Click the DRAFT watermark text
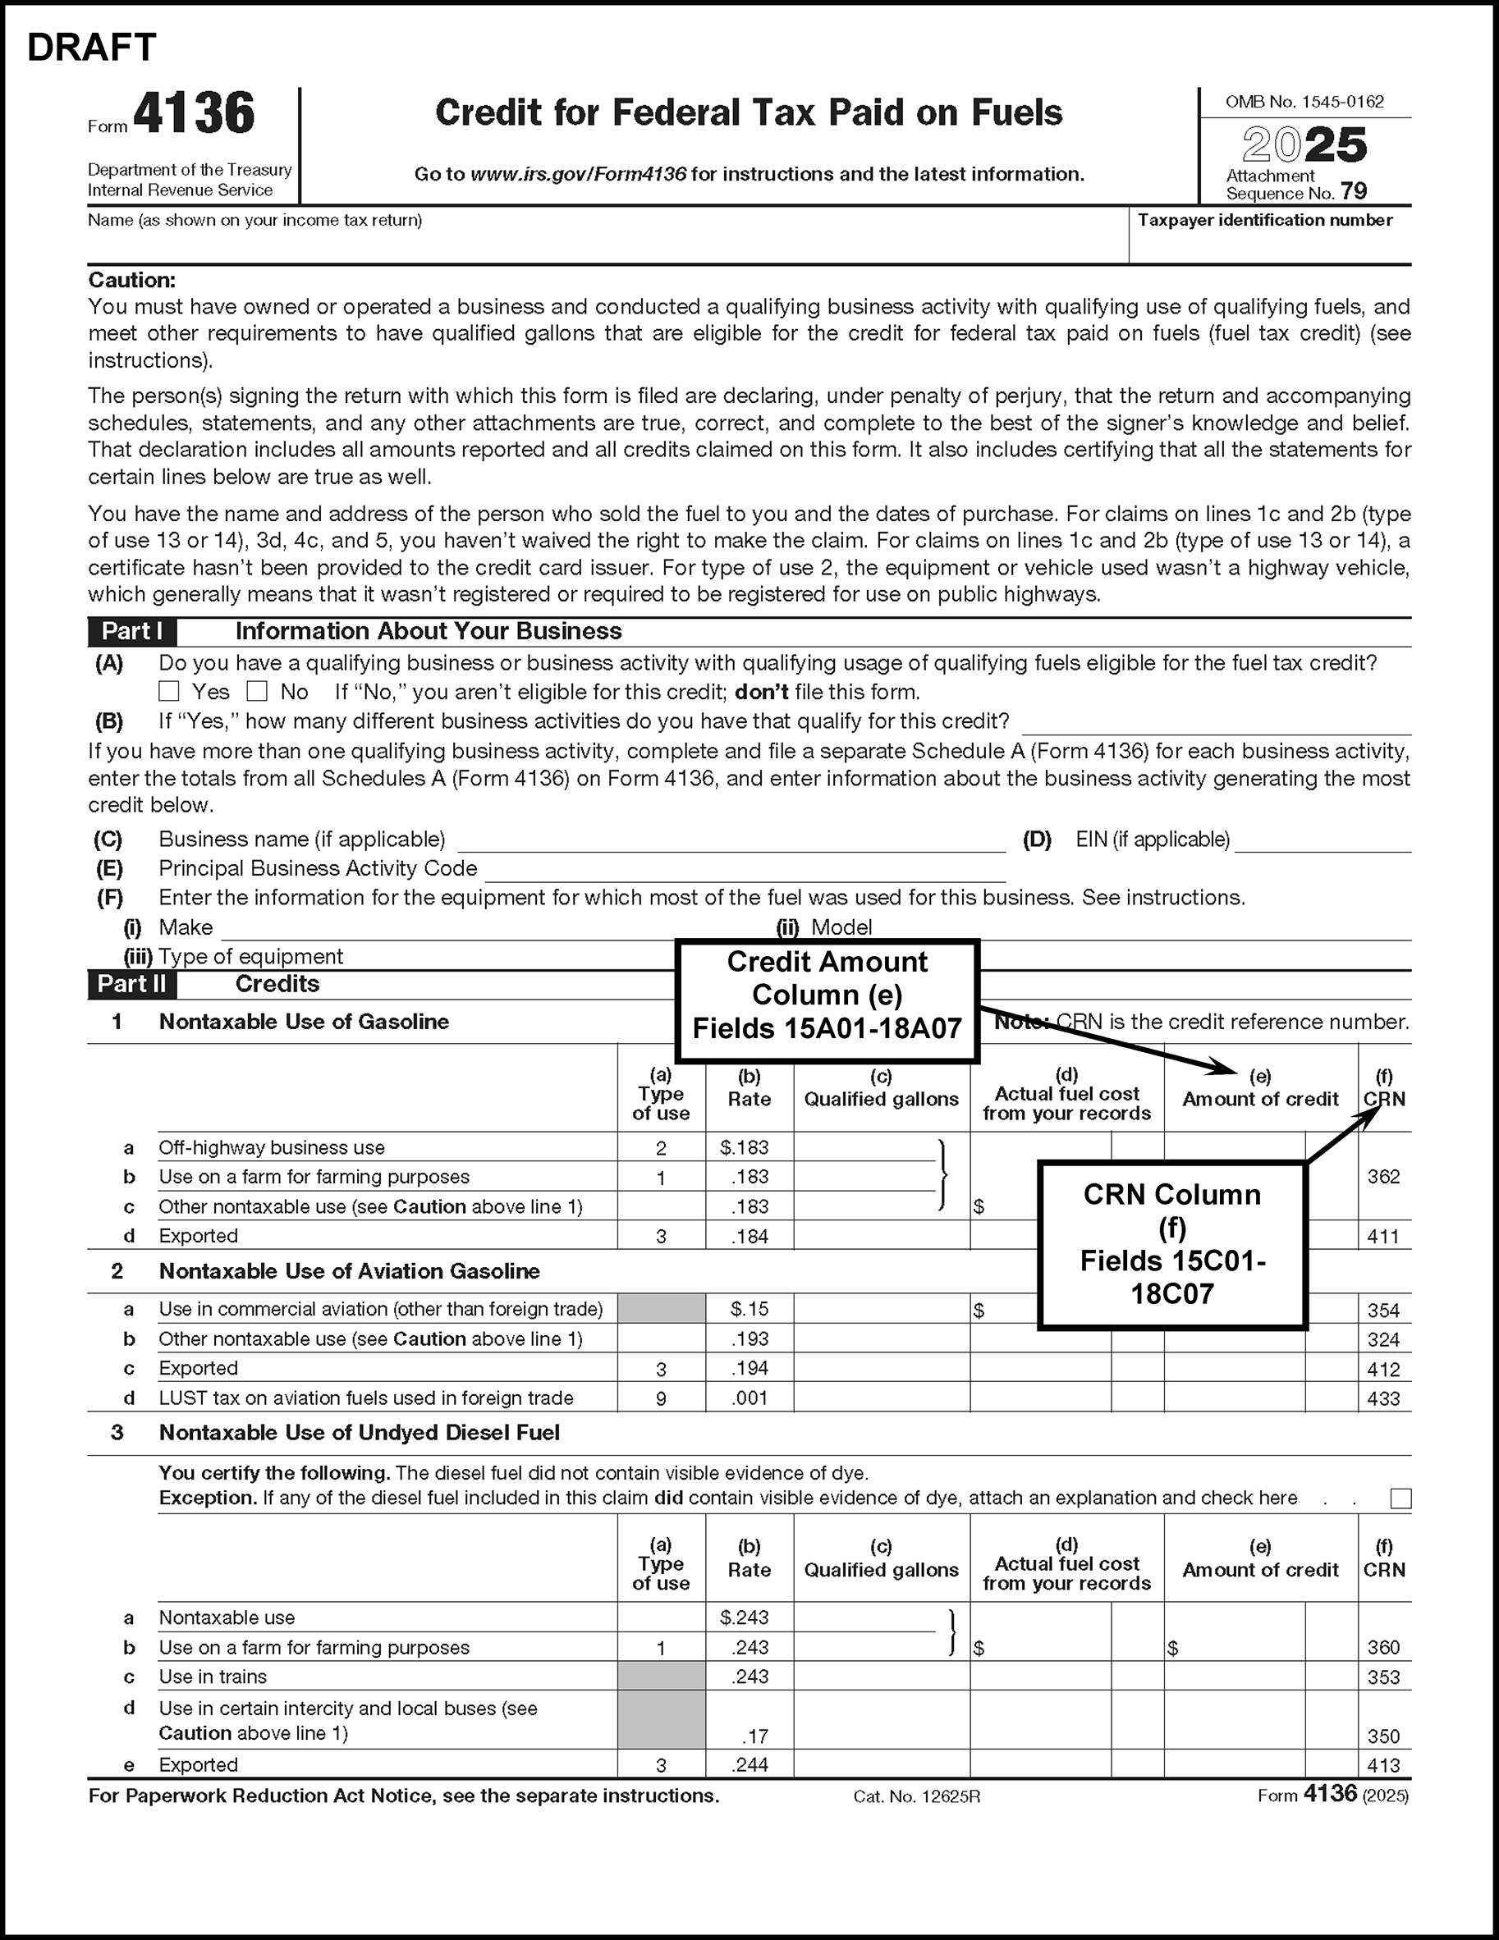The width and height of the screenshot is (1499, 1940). tap(91, 48)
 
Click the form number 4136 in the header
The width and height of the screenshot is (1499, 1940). tap(194, 114)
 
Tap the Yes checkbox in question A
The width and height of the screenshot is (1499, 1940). tap(169, 691)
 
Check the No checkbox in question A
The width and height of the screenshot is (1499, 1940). tap(257, 691)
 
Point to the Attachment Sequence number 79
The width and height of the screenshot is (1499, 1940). tap(1355, 192)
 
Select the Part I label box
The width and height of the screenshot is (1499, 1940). tap(131, 632)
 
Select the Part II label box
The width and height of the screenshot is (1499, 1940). tap(131, 984)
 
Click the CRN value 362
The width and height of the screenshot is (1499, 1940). tap(1383, 1177)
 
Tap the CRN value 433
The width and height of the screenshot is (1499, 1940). tap(1383, 1399)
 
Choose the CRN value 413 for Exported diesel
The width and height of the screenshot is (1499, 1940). tap(1383, 1766)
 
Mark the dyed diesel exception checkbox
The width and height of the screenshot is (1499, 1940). tap(1400, 1499)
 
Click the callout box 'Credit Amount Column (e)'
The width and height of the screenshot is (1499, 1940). tap(827, 995)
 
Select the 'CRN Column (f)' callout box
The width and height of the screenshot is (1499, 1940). tap(1172, 1244)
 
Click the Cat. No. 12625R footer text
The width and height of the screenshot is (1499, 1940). tap(916, 1797)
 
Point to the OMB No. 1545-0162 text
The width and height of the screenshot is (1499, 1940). tap(1304, 102)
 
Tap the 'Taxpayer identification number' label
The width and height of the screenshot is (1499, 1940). tap(1264, 220)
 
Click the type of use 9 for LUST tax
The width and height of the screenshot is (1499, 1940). tap(661, 1399)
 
